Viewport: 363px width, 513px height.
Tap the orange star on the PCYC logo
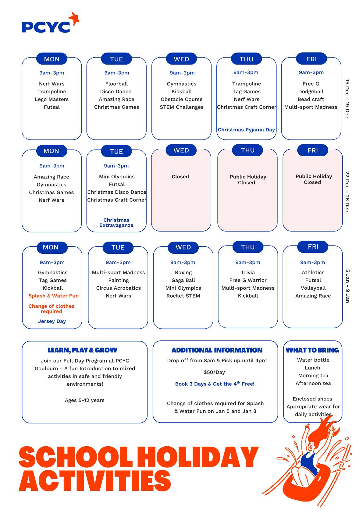[x=74, y=19]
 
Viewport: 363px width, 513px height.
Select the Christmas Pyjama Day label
[x=246, y=130]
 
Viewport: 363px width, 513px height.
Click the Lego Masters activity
[x=52, y=99]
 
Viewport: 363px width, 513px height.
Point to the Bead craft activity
[x=311, y=99]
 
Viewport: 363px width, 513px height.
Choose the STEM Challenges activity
[x=181, y=107]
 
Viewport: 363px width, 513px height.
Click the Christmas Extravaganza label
[x=116, y=223]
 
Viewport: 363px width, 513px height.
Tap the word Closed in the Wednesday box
[x=180, y=177]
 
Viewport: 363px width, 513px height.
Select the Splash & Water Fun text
[x=53, y=296]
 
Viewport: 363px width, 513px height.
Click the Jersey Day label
[x=52, y=321]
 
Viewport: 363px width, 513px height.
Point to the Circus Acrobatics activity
[x=118, y=288]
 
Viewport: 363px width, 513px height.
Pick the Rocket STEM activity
[x=183, y=296]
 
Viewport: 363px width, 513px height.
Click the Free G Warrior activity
[x=248, y=280]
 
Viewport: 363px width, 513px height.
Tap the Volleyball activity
[x=313, y=288]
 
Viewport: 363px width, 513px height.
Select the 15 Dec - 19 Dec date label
[x=347, y=99]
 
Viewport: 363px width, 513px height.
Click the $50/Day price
[x=214, y=372]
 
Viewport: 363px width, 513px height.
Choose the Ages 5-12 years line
[x=84, y=400]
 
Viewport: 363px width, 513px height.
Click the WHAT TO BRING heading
[x=312, y=350]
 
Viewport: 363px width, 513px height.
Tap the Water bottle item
[x=313, y=360]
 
